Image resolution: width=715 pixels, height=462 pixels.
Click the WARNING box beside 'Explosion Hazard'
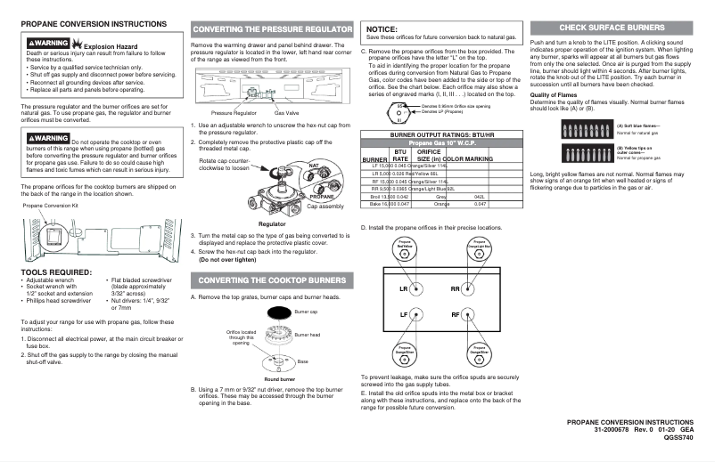[47, 42]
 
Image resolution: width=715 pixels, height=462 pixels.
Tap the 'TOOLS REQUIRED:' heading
[55, 271]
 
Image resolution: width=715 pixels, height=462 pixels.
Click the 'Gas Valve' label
[285, 114]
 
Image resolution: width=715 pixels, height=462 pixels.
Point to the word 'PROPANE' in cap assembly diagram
[296, 197]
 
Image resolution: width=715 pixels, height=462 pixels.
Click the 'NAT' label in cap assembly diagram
[289, 166]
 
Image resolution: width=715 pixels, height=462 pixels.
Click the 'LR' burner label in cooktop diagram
[403, 289]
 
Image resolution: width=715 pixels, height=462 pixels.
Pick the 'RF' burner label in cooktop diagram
[456, 316]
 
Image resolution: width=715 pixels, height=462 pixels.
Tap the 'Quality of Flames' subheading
[555, 94]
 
